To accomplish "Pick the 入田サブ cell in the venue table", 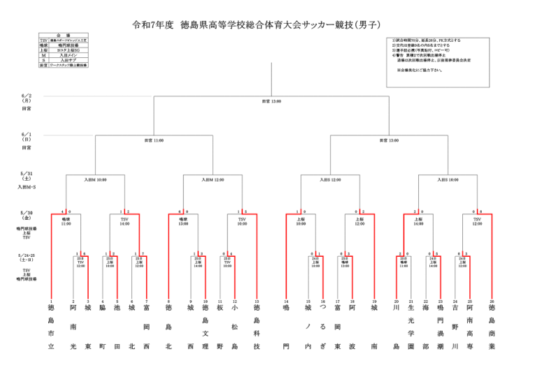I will click(x=68, y=59).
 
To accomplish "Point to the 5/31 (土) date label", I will click(x=26, y=177).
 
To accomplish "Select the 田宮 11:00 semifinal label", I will click(x=154, y=140).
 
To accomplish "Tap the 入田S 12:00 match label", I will click(x=330, y=179).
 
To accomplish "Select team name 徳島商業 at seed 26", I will click(x=492, y=327).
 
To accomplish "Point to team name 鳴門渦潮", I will click(x=441, y=327).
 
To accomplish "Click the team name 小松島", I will click(x=235, y=327).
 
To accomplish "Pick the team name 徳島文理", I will click(x=206, y=327).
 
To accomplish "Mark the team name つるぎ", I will click(x=323, y=327).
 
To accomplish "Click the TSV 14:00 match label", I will click(x=124, y=222).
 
